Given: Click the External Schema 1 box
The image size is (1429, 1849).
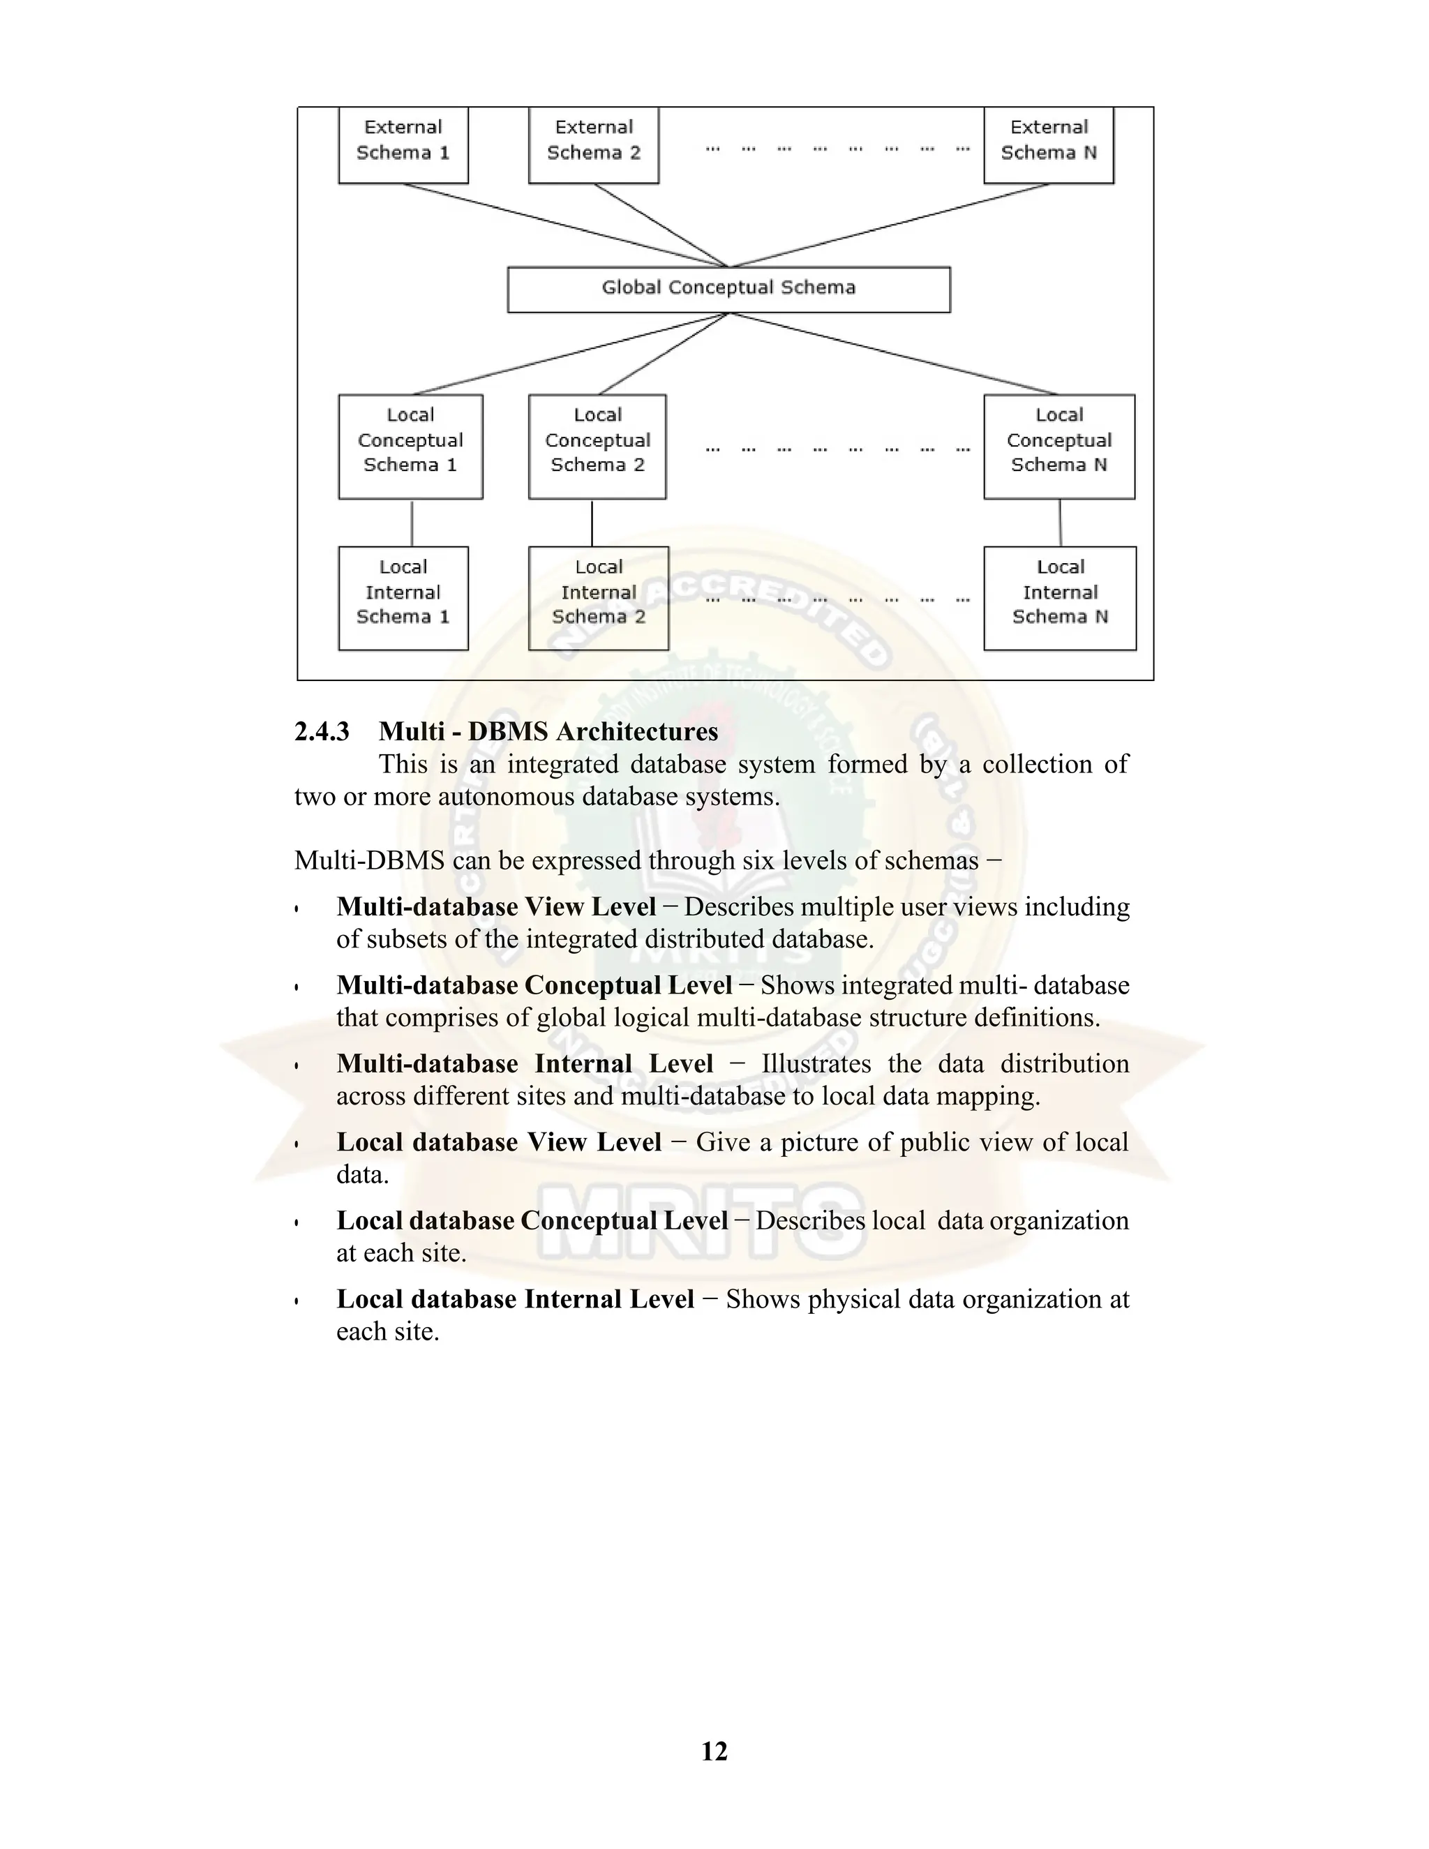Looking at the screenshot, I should tap(403, 144).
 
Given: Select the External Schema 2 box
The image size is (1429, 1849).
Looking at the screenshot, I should tap(594, 144).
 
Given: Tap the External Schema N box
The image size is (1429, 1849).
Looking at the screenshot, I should tap(1048, 144).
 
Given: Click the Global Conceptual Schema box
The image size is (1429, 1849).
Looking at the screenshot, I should tap(728, 290).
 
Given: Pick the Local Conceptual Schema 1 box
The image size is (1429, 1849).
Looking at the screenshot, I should tap(410, 446).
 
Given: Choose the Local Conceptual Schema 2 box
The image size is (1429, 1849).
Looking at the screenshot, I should tap(597, 446).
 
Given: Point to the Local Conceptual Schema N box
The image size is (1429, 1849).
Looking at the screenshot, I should tap(1059, 446).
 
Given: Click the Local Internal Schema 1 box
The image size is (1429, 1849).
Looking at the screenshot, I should tap(403, 598).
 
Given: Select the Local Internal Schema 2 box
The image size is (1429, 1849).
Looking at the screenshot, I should tap(599, 598).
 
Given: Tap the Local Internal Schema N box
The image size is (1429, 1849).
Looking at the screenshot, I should tap(1060, 598).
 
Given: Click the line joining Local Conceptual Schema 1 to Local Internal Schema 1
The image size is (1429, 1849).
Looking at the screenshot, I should tap(412, 523).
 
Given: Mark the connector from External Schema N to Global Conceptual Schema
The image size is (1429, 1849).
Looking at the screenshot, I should tap(889, 225).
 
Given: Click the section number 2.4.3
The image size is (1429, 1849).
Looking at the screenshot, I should tap(322, 731).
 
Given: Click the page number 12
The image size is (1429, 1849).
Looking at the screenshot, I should tap(714, 1751).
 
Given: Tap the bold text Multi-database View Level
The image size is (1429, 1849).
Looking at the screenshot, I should tap(496, 907).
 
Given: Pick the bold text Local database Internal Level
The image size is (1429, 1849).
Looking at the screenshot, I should tap(515, 1298).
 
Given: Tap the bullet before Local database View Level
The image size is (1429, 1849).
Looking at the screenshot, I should tap(297, 1144).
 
